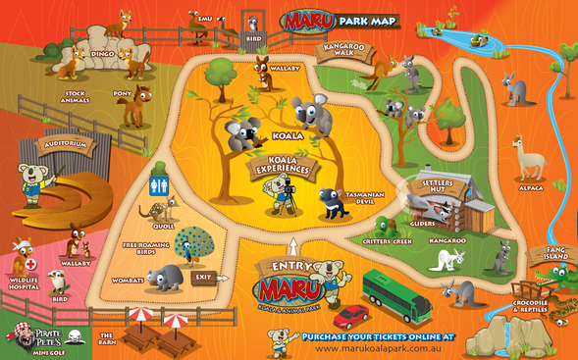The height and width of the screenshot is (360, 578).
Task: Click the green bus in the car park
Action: [x=396, y=293]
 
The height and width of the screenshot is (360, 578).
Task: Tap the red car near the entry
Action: [x=350, y=316]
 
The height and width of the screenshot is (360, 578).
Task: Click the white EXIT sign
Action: [x=203, y=277]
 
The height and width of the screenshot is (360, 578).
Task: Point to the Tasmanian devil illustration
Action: [x=332, y=203]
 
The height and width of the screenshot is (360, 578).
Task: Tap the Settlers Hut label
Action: [x=439, y=183]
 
